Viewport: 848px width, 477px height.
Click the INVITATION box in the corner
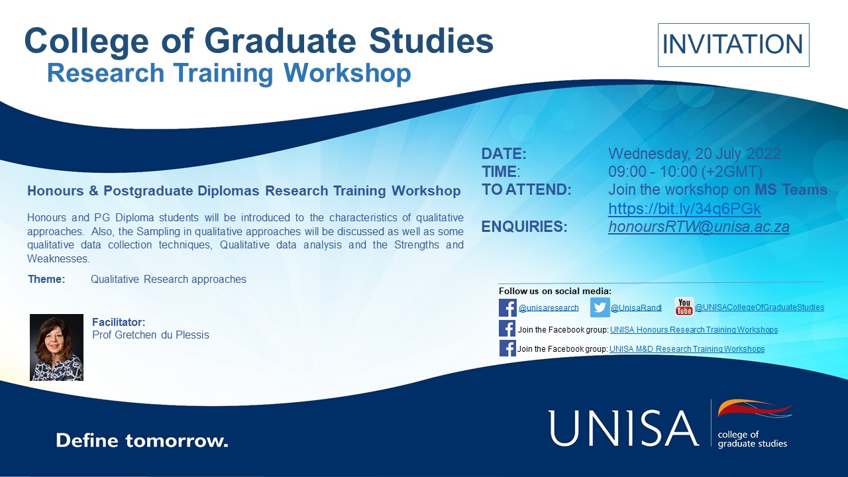click(733, 45)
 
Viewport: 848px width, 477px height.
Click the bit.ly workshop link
click(684, 209)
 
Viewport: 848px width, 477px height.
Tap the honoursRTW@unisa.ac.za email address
click(698, 227)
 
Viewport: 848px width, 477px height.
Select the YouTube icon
click(684, 307)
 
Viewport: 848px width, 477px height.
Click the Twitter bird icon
click(600, 307)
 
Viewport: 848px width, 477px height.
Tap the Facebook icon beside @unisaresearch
click(507, 307)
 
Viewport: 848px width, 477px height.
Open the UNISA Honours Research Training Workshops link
click(694, 330)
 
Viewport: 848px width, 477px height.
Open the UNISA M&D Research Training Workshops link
click(687, 349)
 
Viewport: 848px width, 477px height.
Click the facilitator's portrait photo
click(56, 347)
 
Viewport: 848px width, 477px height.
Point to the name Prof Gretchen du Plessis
click(150, 335)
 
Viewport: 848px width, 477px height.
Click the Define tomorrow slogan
click(142, 441)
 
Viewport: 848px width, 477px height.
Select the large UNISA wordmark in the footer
click(623, 427)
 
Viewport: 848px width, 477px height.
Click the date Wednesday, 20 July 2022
click(694, 154)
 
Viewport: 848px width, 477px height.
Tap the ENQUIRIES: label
click(524, 227)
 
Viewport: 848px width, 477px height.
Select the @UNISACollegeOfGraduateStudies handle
click(759, 307)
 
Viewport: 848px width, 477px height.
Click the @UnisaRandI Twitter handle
click(635, 308)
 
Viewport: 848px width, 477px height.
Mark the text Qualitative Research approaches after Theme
click(168, 280)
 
